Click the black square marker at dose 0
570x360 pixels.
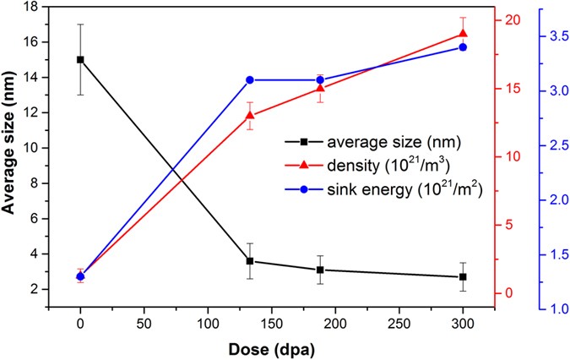(x=80, y=59)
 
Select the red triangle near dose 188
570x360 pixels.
(x=320, y=87)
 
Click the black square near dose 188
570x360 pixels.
(x=320, y=270)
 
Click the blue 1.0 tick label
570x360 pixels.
(x=551, y=308)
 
